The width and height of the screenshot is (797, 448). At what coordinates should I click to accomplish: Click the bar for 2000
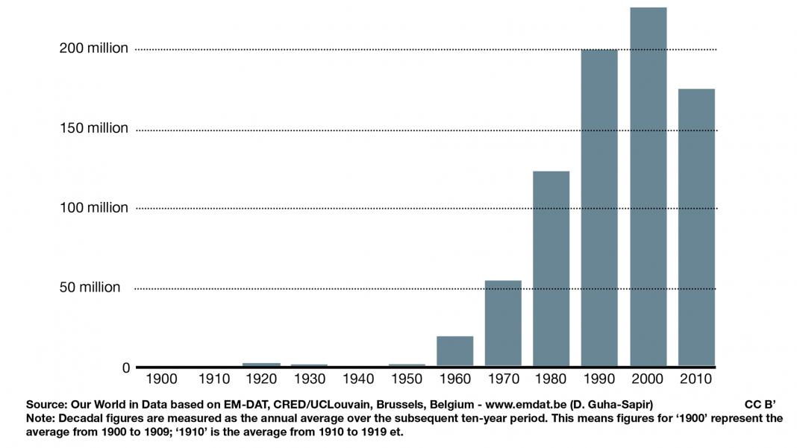pyautogui.click(x=648, y=186)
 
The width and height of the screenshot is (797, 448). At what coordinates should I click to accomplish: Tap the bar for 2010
pyautogui.click(x=696, y=227)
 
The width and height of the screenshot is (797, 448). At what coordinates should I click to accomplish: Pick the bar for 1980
pyautogui.click(x=551, y=268)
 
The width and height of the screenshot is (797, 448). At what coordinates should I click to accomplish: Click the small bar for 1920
pyautogui.click(x=261, y=365)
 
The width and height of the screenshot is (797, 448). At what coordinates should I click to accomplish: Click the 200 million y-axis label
pyautogui.click(x=94, y=48)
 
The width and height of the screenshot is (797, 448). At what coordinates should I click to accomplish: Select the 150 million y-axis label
pyautogui.click(x=94, y=128)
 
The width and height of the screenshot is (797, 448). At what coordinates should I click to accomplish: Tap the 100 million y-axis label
pyautogui.click(x=94, y=207)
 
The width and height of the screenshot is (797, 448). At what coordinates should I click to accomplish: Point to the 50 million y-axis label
pyautogui.click(x=90, y=287)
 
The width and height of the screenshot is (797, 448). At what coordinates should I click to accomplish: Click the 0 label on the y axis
pyautogui.click(x=126, y=367)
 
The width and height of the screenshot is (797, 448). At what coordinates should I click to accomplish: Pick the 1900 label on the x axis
pyautogui.click(x=161, y=379)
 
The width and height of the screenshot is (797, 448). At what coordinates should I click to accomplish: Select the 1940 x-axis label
pyautogui.click(x=357, y=379)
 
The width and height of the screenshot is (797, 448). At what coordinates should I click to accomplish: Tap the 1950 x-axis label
pyautogui.click(x=407, y=379)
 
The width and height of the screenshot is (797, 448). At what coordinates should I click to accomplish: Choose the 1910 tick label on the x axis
pyautogui.click(x=214, y=379)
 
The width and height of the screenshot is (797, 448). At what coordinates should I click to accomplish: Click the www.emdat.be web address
pyautogui.click(x=525, y=405)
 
